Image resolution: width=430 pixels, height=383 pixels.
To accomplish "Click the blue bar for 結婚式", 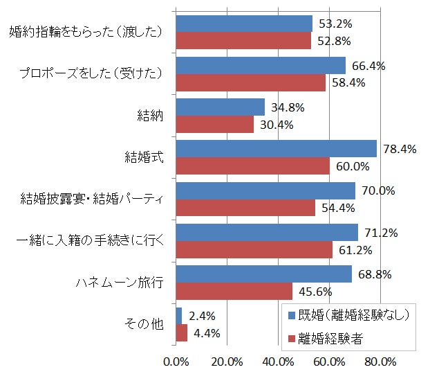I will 277,149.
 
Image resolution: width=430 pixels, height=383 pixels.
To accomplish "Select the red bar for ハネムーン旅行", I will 234,291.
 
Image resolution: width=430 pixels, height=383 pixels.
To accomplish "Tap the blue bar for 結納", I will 221,107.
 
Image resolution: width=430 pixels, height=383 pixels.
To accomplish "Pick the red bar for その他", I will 182,333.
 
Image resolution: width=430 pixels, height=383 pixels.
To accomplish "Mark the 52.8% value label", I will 334,41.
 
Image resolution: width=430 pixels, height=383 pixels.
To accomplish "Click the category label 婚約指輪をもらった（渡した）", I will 86,32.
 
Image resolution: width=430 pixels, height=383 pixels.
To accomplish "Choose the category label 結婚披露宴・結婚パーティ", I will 91,199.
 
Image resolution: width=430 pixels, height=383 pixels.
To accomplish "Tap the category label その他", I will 147,325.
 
